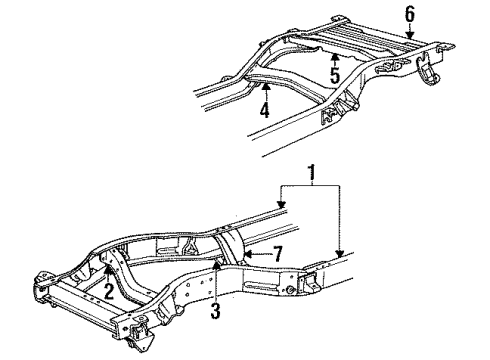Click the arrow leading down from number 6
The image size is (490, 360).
(x=408, y=32)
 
